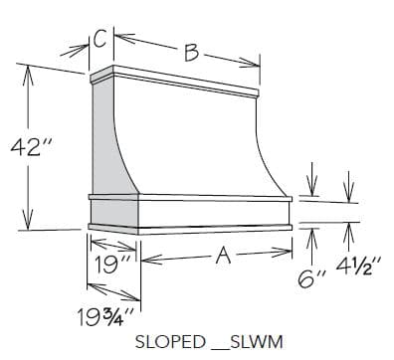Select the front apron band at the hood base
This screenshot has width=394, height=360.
point(214,211)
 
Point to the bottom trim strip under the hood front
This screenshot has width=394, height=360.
point(214,228)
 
